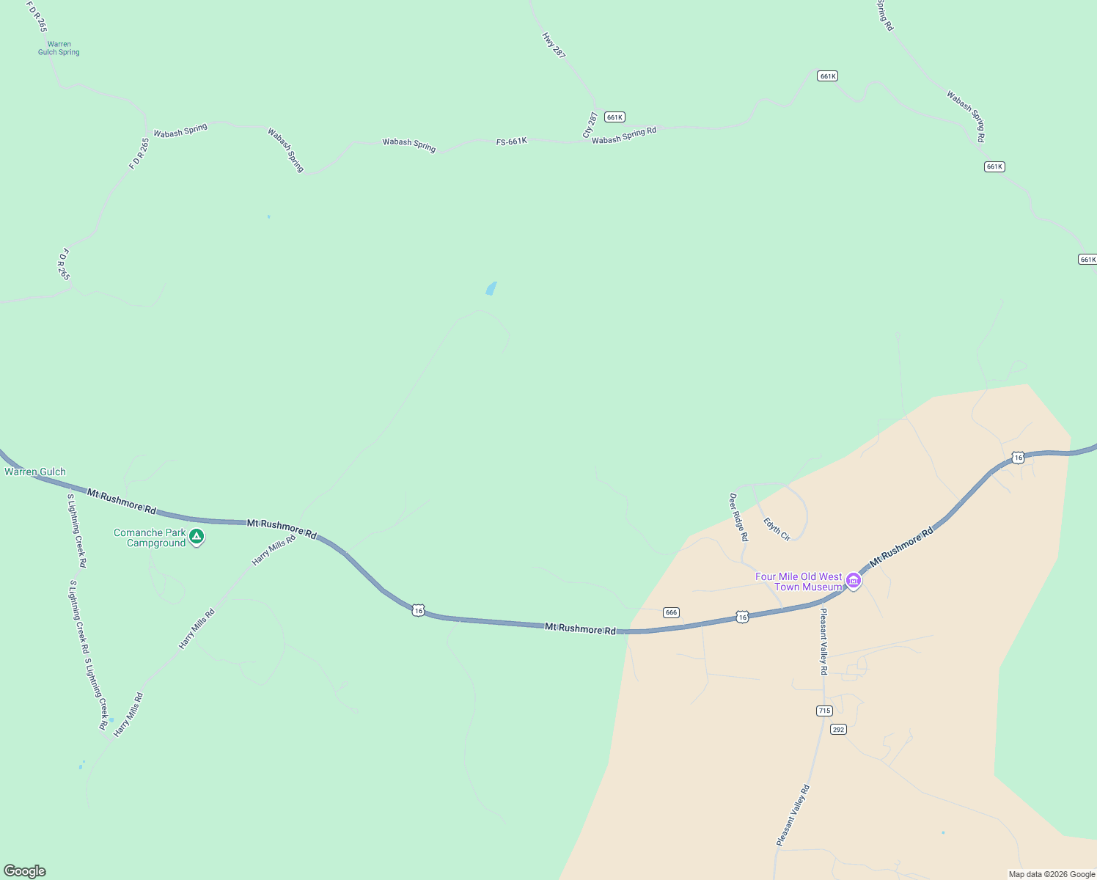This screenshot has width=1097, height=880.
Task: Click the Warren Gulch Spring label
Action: point(59,48)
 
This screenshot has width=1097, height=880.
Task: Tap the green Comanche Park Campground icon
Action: point(197,537)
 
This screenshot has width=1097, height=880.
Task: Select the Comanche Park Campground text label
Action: point(150,538)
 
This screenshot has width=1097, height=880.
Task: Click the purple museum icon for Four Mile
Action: point(853,581)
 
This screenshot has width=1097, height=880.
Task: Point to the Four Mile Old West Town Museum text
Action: point(799,582)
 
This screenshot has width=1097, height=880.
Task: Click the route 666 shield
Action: point(671,612)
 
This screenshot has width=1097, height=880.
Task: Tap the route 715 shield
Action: point(824,711)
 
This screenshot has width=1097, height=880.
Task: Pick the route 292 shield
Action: point(839,729)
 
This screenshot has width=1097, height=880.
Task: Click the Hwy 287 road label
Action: point(554,45)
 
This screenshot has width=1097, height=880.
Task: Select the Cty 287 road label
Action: point(590,125)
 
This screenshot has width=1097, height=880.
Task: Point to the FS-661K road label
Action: point(511,141)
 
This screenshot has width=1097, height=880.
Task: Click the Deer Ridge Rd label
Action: point(738,517)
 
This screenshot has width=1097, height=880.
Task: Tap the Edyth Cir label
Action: point(777,529)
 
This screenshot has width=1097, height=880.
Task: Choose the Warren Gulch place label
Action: point(35,472)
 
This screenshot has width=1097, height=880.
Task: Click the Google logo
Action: point(25,871)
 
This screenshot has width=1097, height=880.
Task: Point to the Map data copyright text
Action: point(1052,874)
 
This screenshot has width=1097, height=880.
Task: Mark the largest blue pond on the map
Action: point(491,288)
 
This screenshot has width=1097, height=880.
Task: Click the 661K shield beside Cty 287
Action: point(614,117)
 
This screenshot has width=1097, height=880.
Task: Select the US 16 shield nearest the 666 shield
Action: point(742,617)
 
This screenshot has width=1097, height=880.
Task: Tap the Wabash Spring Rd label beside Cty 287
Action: point(624,136)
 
